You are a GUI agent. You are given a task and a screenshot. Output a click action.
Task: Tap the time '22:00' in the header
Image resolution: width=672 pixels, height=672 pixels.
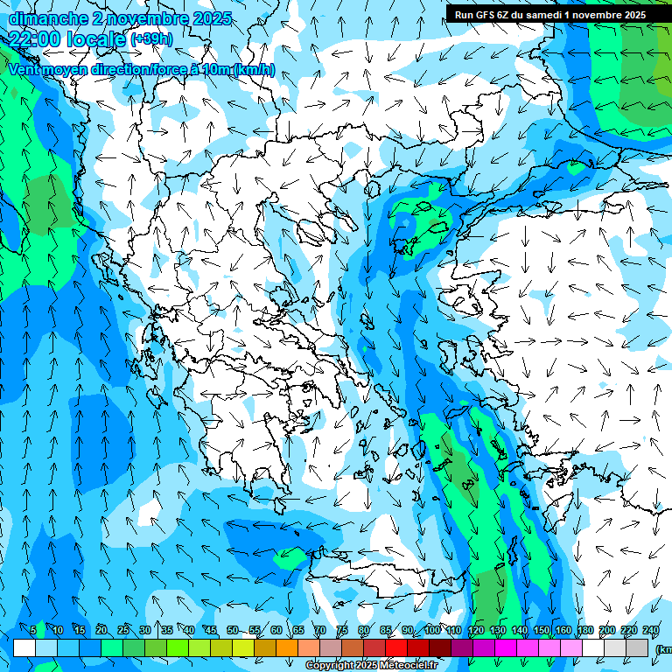coord(35,39)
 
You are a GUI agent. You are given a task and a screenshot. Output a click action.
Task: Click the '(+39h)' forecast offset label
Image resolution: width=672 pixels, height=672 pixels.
coord(151,39)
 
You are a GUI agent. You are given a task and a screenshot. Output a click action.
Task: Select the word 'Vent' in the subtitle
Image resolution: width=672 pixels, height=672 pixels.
coord(26,69)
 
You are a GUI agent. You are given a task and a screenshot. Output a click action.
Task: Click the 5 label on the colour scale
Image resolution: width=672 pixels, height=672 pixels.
coord(33,630)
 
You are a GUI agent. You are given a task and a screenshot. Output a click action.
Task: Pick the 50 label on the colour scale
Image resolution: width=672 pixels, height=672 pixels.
coord(232,630)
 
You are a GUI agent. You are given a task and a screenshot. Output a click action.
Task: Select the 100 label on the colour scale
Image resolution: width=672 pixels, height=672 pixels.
coord(431,630)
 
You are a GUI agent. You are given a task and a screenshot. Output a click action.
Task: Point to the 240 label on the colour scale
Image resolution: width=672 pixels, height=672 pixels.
coord(650,630)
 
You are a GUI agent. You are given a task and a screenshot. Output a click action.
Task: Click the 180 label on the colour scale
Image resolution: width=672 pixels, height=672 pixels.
coord(584,630)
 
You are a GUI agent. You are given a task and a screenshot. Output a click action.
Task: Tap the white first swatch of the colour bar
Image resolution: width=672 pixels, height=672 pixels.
coord(24,647)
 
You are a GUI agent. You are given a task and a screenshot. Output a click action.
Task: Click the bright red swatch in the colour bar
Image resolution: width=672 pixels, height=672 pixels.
coord(396,647)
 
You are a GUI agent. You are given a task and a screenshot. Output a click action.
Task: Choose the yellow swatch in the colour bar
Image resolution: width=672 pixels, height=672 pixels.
coord(243,647)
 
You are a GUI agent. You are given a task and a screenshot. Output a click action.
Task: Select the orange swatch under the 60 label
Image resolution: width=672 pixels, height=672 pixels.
coord(287,647)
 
